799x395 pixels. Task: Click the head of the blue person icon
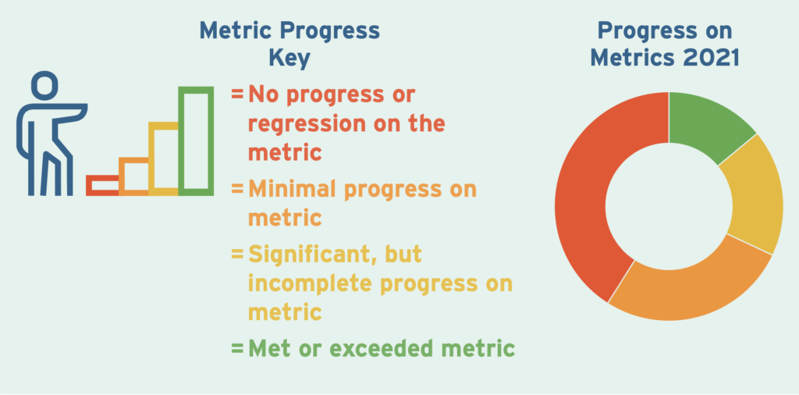click(44, 85)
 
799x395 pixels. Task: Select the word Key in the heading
click(289, 59)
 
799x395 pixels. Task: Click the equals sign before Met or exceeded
click(237, 350)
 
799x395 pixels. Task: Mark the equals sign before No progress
click(237, 94)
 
